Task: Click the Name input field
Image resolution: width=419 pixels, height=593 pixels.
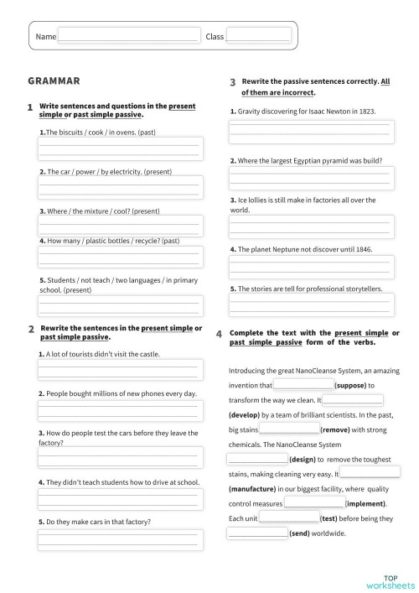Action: (x=128, y=36)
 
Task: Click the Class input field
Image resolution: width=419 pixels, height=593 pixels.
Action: (x=258, y=36)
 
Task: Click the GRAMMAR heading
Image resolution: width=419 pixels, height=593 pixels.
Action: (x=54, y=81)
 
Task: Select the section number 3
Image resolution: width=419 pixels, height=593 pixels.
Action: (x=232, y=83)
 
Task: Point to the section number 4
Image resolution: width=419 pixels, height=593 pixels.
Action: (x=219, y=335)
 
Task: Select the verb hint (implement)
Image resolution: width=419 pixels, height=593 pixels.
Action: (x=367, y=503)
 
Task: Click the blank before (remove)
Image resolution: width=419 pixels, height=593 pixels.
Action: (x=290, y=429)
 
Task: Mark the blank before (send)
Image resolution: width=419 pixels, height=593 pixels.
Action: (x=257, y=533)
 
